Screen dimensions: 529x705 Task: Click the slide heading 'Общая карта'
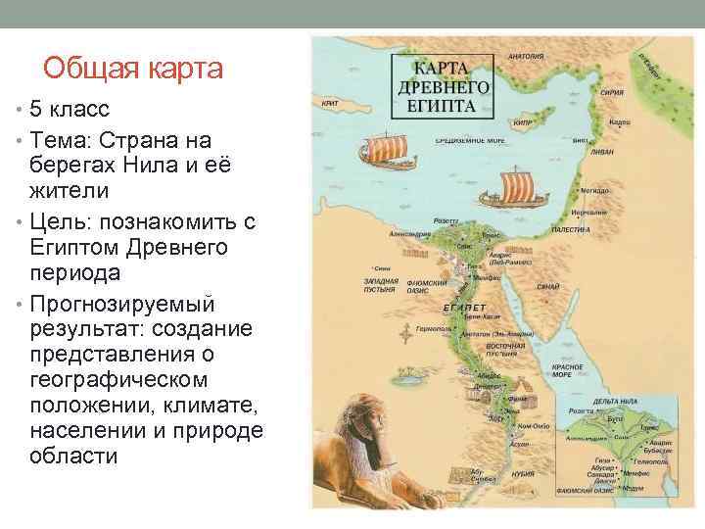pos(134,69)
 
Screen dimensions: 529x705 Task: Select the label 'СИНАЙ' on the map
pos(548,286)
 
